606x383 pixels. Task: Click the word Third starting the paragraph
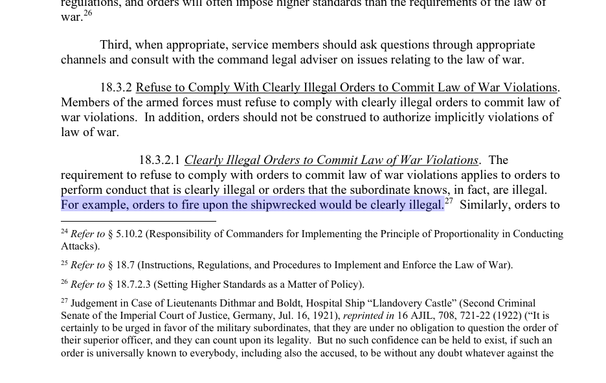[x=115, y=45]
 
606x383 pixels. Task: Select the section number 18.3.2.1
[x=159, y=160]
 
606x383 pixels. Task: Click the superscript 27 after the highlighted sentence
[x=449, y=202]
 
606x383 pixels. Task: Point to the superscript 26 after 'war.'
[x=88, y=13]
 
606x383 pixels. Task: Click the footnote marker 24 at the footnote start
[x=64, y=231]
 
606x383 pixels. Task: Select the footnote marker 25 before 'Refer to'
[x=64, y=263]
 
